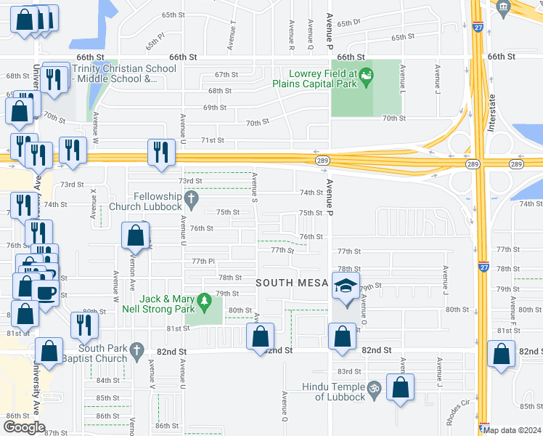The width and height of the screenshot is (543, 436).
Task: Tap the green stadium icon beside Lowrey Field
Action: point(367,73)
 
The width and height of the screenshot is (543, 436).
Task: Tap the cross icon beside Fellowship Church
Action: point(191,197)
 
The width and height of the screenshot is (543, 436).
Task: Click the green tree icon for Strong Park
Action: point(205,299)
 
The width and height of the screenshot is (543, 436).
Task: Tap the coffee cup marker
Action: point(46,293)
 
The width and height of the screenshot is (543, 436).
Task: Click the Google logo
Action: point(24,427)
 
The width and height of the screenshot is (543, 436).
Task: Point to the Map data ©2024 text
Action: point(511,430)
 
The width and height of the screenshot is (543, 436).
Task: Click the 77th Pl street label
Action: point(204,261)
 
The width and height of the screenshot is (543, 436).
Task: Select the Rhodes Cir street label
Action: point(459,411)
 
